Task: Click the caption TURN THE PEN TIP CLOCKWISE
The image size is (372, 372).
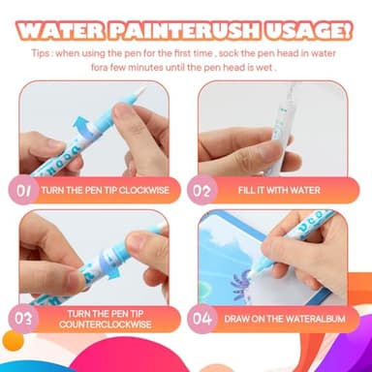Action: (x=107, y=191)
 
